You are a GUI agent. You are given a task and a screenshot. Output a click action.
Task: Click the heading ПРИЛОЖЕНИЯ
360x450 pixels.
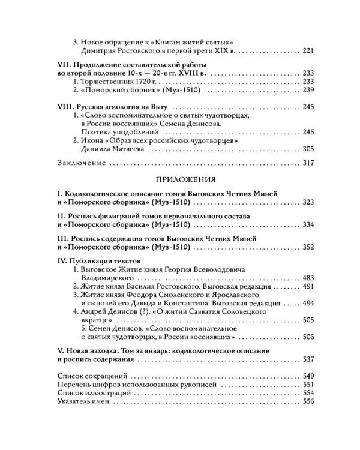pos(180,179)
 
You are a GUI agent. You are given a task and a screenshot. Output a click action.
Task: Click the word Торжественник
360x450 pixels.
pos(104,81)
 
